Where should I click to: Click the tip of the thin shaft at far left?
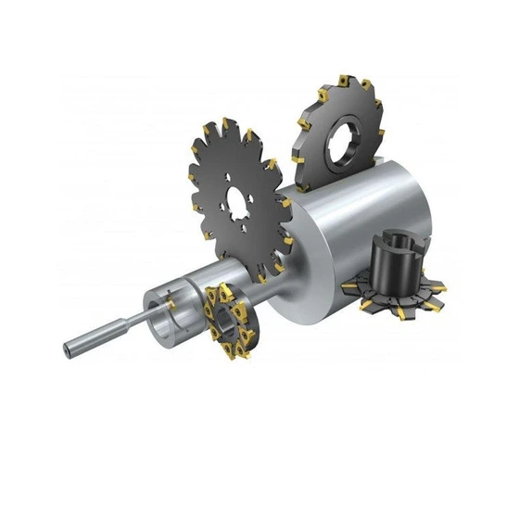(x=68, y=351)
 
